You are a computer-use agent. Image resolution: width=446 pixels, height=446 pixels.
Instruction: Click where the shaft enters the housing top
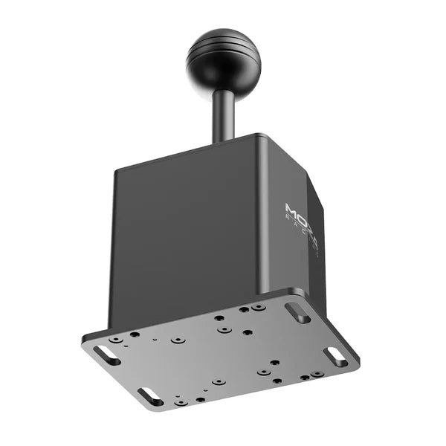click(224, 140)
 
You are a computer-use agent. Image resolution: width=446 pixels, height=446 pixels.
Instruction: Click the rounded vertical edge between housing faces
click(262, 223)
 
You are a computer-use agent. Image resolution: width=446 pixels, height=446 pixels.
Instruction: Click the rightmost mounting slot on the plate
click(336, 356)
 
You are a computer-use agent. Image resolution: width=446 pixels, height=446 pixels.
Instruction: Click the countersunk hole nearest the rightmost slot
click(317, 374)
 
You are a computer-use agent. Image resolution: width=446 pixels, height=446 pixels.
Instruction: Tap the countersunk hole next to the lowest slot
click(181, 402)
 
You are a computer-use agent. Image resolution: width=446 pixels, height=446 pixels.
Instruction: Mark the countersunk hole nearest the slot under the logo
click(258, 306)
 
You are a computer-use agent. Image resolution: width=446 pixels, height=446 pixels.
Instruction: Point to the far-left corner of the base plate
click(83, 343)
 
